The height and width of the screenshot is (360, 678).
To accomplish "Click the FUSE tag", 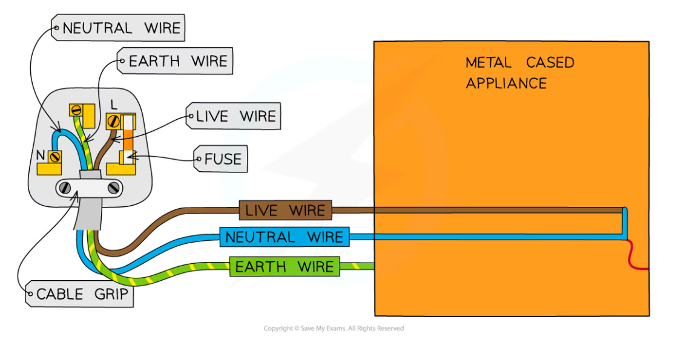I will pyautogui.click(x=221, y=159).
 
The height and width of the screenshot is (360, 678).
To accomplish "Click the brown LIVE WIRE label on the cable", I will pyautogui.click(x=285, y=211).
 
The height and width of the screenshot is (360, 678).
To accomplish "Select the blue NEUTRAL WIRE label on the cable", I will pyautogui.click(x=284, y=237).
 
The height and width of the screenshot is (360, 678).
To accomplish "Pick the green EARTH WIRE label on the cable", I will pyautogui.click(x=284, y=266).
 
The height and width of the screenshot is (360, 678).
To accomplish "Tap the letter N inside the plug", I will pyautogui.click(x=41, y=155).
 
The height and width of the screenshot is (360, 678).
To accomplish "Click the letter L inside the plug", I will pyautogui.click(x=114, y=105).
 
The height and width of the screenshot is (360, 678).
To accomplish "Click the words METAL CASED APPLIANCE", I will pyautogui.click(x=519, y=72).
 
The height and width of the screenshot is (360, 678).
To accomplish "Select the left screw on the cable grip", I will pyautogui.click(x=65, y=188).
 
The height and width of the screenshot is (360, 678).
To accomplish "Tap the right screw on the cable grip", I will pyautogui.click(x=113, y=188).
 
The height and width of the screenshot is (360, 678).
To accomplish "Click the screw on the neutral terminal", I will pyautogui.click(x=56, y=157).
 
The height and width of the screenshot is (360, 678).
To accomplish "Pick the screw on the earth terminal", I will pyautogui.click(x=77, y=110).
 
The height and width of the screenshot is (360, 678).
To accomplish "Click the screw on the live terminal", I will pyautogui.click(x=113, y=120).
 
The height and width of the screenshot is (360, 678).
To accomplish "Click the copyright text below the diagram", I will pyautogui.click(x=333, y=329).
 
